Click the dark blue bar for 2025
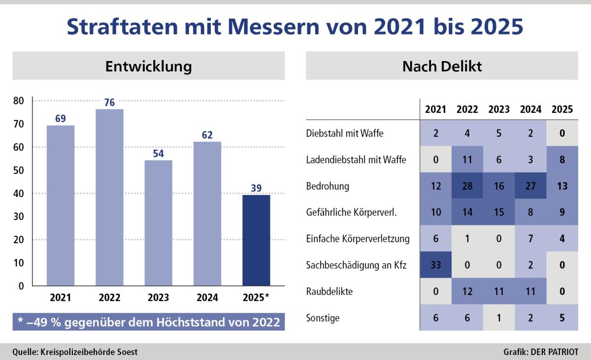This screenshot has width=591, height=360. (x=256, y=240)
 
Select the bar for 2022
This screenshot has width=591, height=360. (x=109, y=197)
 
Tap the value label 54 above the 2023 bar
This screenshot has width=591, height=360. (x=158, y=154)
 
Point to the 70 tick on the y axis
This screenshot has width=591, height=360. (x=19, y=124)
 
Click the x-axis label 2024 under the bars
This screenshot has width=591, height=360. (x=207, y=297)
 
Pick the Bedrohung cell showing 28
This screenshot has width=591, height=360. (x=467, y=186)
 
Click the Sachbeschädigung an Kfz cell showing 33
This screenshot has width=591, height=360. (x=435, y=264)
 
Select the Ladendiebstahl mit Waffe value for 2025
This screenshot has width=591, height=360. (x=562, y=159)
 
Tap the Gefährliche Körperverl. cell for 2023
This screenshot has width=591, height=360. (x=499, y=212)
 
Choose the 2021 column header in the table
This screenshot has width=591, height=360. (x=435, y=109)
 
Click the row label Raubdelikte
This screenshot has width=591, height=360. (x=329, y=292)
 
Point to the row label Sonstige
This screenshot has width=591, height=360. (x=323, y=318)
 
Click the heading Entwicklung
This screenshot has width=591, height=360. (x=149, y=66)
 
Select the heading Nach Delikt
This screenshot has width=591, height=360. (x=442, y=66)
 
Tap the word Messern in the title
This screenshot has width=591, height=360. (x=274, y=27)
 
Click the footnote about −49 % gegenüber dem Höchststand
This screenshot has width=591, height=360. (x=149, y=322)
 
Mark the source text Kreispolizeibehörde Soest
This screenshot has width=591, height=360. (x=89, y=352)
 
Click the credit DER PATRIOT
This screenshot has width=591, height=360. (x=555, y=352)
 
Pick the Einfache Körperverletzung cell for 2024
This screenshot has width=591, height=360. (x=530, y=238)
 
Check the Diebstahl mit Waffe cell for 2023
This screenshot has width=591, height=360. (x=499, y=133)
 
